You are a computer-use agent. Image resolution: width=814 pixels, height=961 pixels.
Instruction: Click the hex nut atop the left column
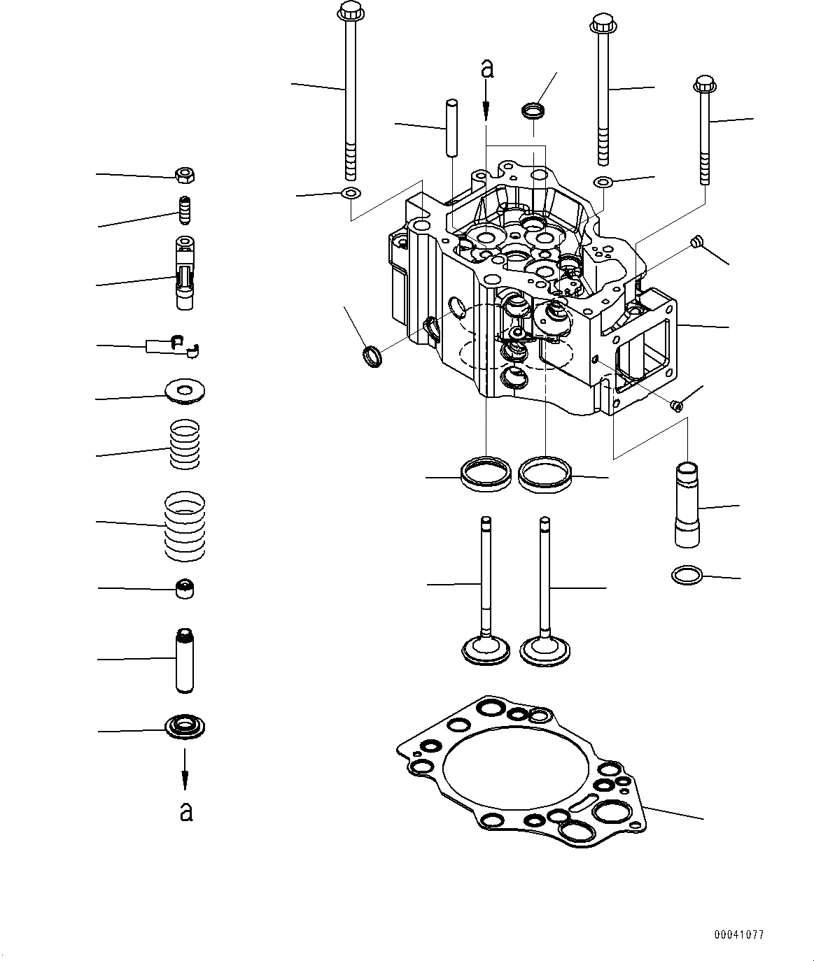point(185,174)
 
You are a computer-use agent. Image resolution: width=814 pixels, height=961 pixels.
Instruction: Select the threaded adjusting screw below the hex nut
point(185,209)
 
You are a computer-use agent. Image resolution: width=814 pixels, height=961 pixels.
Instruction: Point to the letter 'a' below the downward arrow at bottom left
point(185,811)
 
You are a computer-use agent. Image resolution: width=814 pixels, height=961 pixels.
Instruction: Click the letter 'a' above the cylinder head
point(487,69)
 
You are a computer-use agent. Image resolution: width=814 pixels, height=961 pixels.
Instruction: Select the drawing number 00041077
point(739,934)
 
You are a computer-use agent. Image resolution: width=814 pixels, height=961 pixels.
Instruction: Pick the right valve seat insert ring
point(544,474)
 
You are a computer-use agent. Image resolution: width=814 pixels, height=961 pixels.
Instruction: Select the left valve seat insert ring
point(486,474)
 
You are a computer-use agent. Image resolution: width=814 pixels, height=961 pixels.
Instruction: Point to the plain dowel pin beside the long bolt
point(453,128)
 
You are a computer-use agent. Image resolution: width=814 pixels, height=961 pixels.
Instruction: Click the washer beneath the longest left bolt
point(349,193)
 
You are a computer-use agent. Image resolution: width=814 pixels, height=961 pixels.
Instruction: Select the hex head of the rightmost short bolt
point(704,85)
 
